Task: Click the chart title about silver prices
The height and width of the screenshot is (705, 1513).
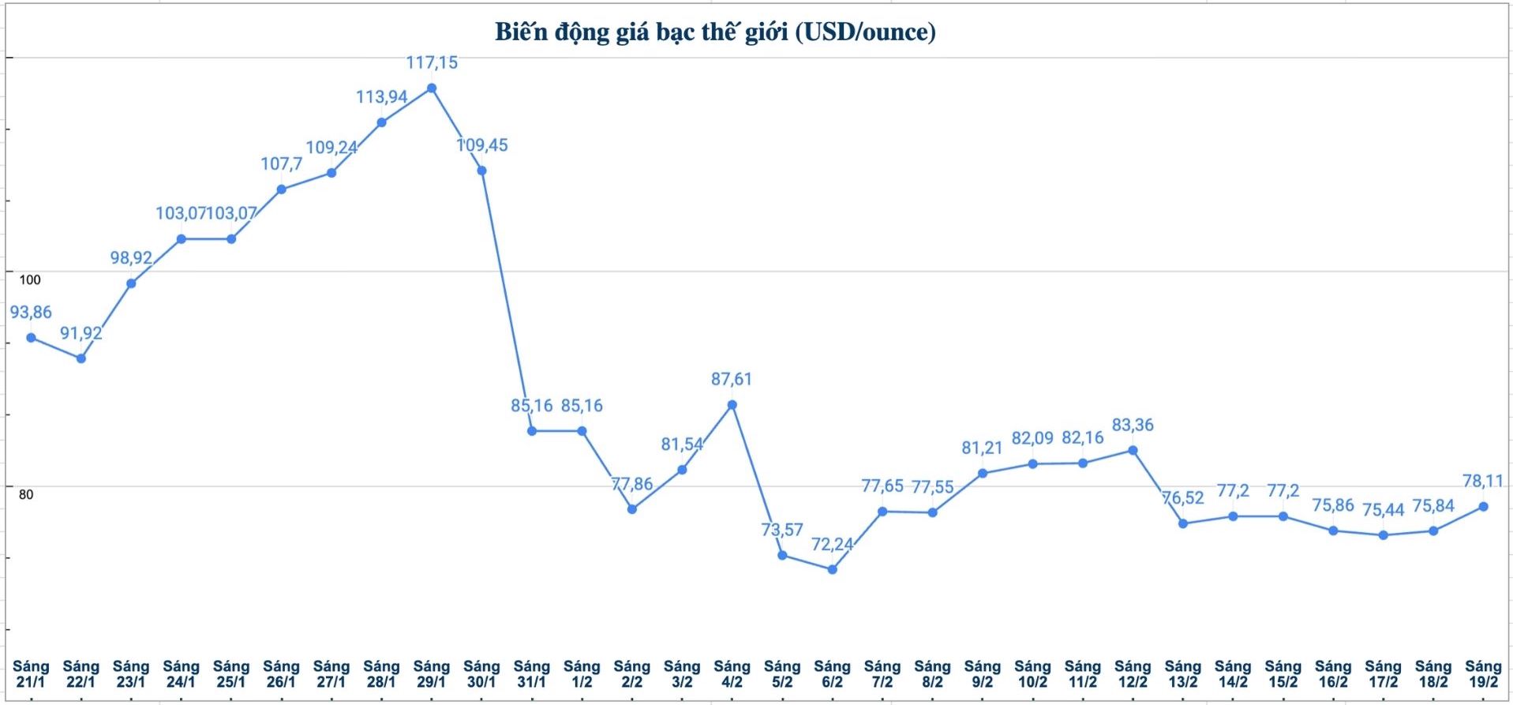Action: click(x=715, y=32)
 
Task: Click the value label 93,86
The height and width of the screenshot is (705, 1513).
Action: click(x=31, y=312)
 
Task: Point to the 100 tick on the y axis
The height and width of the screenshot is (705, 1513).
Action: click(x=30, y=279)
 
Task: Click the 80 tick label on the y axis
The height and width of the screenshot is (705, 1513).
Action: click(x=26, y=494)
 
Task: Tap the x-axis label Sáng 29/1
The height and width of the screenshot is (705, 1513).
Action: click(x=432, y=674)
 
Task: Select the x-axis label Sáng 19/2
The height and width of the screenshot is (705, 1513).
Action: click(x=1483, y=674)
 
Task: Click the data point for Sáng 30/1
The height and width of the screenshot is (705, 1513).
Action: click(x=481, y=171)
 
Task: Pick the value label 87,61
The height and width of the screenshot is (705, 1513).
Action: click(x=732, y=379)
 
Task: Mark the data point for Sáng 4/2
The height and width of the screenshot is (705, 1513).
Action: click(x=732, y=405)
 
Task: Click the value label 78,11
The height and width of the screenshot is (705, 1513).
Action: click(x=1483, y=481)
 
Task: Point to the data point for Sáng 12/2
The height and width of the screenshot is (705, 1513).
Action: click(x=1133, y=451)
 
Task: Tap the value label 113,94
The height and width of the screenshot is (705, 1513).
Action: click(x=381, y=97)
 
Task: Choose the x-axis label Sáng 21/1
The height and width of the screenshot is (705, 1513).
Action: click(x=31, y=674)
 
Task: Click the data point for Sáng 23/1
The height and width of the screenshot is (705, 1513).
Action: click(x=131, y=283)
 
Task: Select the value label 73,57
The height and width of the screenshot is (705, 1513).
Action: click(x=782, y=530)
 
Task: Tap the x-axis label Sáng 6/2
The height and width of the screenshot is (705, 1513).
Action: click(x=832, y=674)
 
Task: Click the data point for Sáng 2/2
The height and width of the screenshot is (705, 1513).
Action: click(x=631, y=509)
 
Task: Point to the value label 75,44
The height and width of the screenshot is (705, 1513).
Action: click(x=1383, y=510)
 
